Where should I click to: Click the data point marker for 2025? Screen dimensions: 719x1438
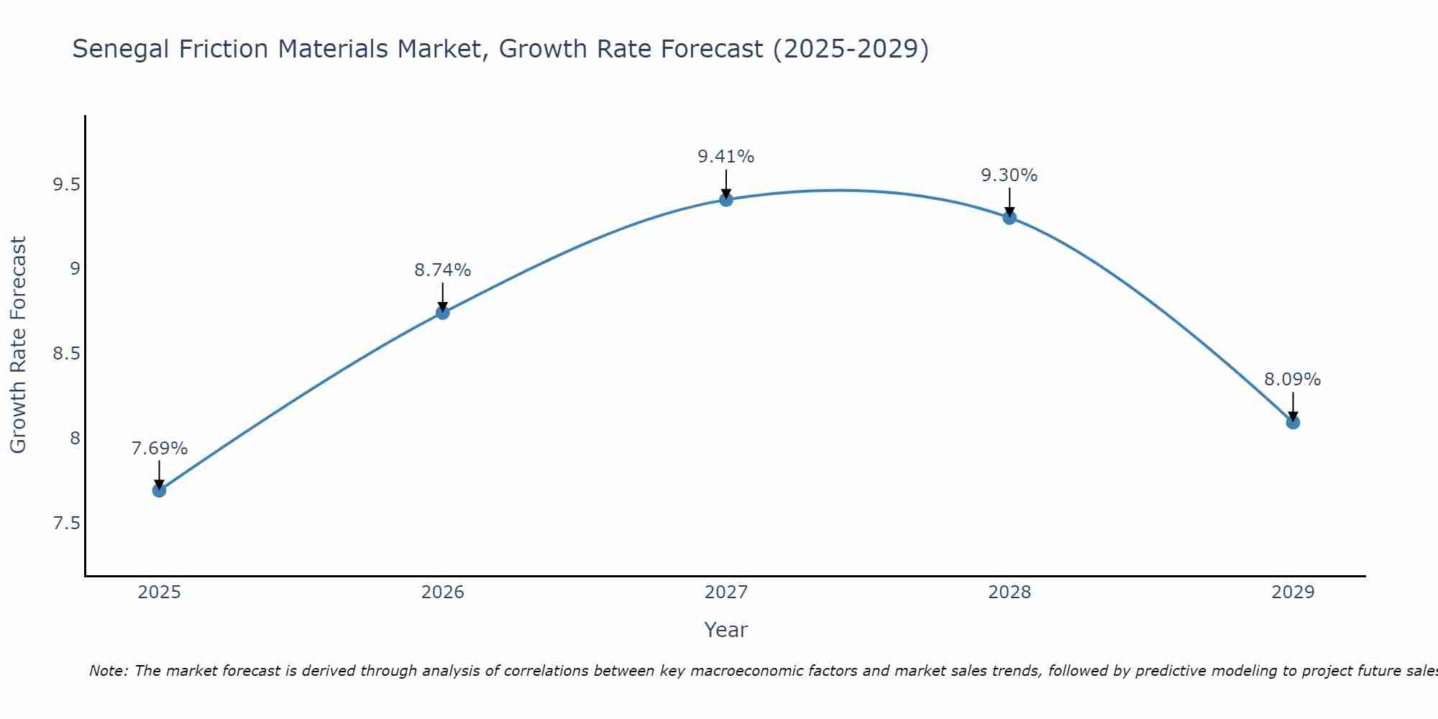(x=159, y=490)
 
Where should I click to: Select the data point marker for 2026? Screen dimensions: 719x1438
(x=442, y=312)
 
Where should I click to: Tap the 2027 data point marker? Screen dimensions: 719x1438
(x=725, y=199)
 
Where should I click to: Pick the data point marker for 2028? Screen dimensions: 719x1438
(x=1009, y=217)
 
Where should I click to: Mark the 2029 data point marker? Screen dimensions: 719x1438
(x=1292, y=422)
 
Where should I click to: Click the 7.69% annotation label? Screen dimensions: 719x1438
(x=159, y=449)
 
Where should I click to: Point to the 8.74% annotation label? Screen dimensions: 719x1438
(x=442, y=270)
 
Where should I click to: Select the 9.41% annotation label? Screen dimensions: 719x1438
(x=725, y=157)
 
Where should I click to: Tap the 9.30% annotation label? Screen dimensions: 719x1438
(x=1009, y=175)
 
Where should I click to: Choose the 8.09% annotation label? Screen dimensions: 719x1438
(x=1292, y=380)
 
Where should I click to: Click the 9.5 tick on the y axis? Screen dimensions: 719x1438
(x=66, y=185)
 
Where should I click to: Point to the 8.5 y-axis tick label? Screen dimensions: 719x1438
(x=66, y=354)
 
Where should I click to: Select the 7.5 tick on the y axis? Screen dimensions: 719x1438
(x=66, y=523)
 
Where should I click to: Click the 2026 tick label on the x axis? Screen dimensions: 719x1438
(x=442, y=592)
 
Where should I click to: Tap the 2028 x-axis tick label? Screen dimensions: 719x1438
(x=1009, y=592)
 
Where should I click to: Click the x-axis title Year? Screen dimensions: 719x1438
(x=725, y=630)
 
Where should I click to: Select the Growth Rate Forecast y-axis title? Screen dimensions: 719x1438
(x=18, y=345)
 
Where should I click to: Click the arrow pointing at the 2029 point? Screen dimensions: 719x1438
(x=1292, y=407)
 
